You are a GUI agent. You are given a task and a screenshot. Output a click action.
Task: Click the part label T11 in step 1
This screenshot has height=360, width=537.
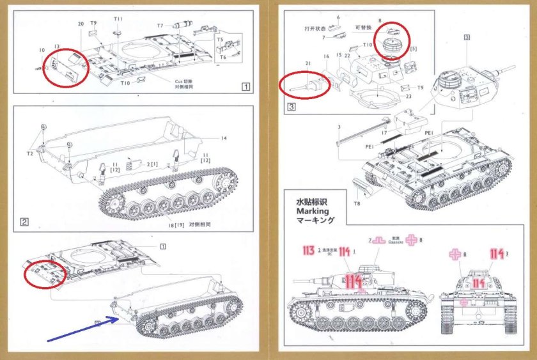[x=119, y=20]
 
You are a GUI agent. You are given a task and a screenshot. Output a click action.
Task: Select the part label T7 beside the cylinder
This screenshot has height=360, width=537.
[x=161, y=26]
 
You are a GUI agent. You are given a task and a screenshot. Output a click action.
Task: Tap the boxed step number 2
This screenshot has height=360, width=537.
[x=24, y=223]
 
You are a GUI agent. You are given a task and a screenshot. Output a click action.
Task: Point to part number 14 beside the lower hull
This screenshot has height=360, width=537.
[x=224, y=138]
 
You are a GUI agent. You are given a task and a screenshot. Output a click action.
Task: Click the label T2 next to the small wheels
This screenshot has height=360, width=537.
[x=29, y=155]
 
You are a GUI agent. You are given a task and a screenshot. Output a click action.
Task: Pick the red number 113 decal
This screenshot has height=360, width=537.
[x=308, y=251]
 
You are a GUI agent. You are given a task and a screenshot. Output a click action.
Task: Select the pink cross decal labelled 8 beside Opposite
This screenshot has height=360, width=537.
[x=420, y=240]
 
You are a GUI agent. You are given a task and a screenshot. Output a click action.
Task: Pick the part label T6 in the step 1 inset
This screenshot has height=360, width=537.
[x=222, y=57]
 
